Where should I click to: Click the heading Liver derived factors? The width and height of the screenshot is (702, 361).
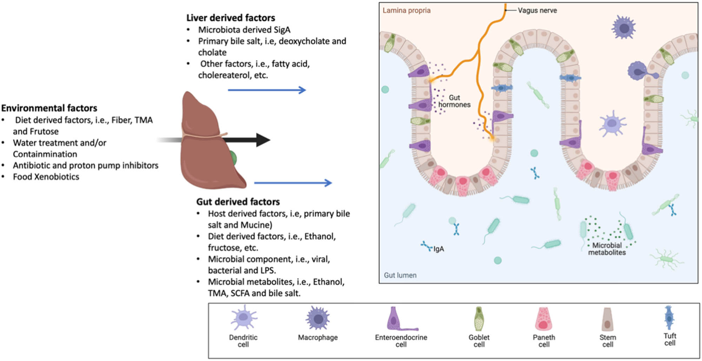pyautogui.click(x=230, y=18)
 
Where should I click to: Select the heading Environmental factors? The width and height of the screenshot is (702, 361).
pyautogui.click(x=49, y=108)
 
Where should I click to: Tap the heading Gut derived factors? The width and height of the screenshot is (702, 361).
pyautogui.click(x=238, y=202)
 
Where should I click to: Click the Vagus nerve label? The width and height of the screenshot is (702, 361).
pyautogui.click(x=537, y=11)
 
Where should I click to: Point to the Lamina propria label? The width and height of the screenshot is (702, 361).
pyautogui.click(x=406, y=11)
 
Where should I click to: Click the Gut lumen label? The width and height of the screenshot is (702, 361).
pyautogui.click(x=400, y=275)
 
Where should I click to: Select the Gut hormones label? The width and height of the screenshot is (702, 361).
pyautogui.click(x=454, y=101)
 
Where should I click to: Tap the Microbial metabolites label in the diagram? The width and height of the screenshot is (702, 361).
pyautogui.click(x=607, y=249)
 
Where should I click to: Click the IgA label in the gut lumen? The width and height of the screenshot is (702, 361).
pyautogui.click(x=439, y=249)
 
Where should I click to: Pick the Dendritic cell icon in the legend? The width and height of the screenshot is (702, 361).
pyautogui.click(x=244, y=317)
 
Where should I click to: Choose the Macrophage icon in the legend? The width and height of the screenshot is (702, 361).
pyautogui.click(x=318, y=318)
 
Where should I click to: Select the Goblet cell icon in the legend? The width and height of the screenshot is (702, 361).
pyautogui.click(x=479, y=319)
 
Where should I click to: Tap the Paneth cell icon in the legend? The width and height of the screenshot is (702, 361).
pyautogui.click(x=543, y=319)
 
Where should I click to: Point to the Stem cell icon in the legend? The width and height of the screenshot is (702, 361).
pyautogui.click(x=607, y=319)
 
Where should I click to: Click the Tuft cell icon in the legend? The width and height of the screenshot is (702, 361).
pyautogui.click(x=669, y=317)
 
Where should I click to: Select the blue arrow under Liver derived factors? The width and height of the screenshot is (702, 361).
pyautogui.click(x=267, y=90)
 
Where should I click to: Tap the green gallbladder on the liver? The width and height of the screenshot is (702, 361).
pyautogui.click(x=233, y=158)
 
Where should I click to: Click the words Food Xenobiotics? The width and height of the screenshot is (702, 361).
pyautogui.click(x=46, y=177)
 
